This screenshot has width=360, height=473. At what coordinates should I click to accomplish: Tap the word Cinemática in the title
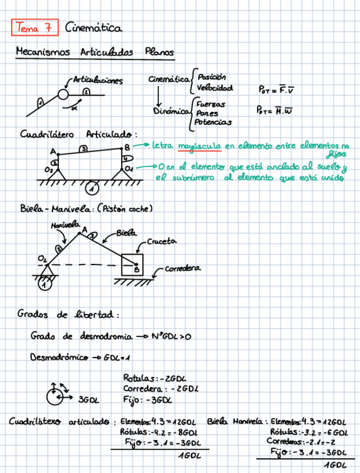point(93,26)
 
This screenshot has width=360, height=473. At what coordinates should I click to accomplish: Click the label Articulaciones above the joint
point(98,80)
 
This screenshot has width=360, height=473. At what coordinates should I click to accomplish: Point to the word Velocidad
point(215,88)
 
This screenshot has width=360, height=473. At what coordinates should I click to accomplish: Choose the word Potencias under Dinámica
point(213,122)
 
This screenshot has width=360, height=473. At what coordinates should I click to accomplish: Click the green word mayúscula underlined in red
point(199,146)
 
